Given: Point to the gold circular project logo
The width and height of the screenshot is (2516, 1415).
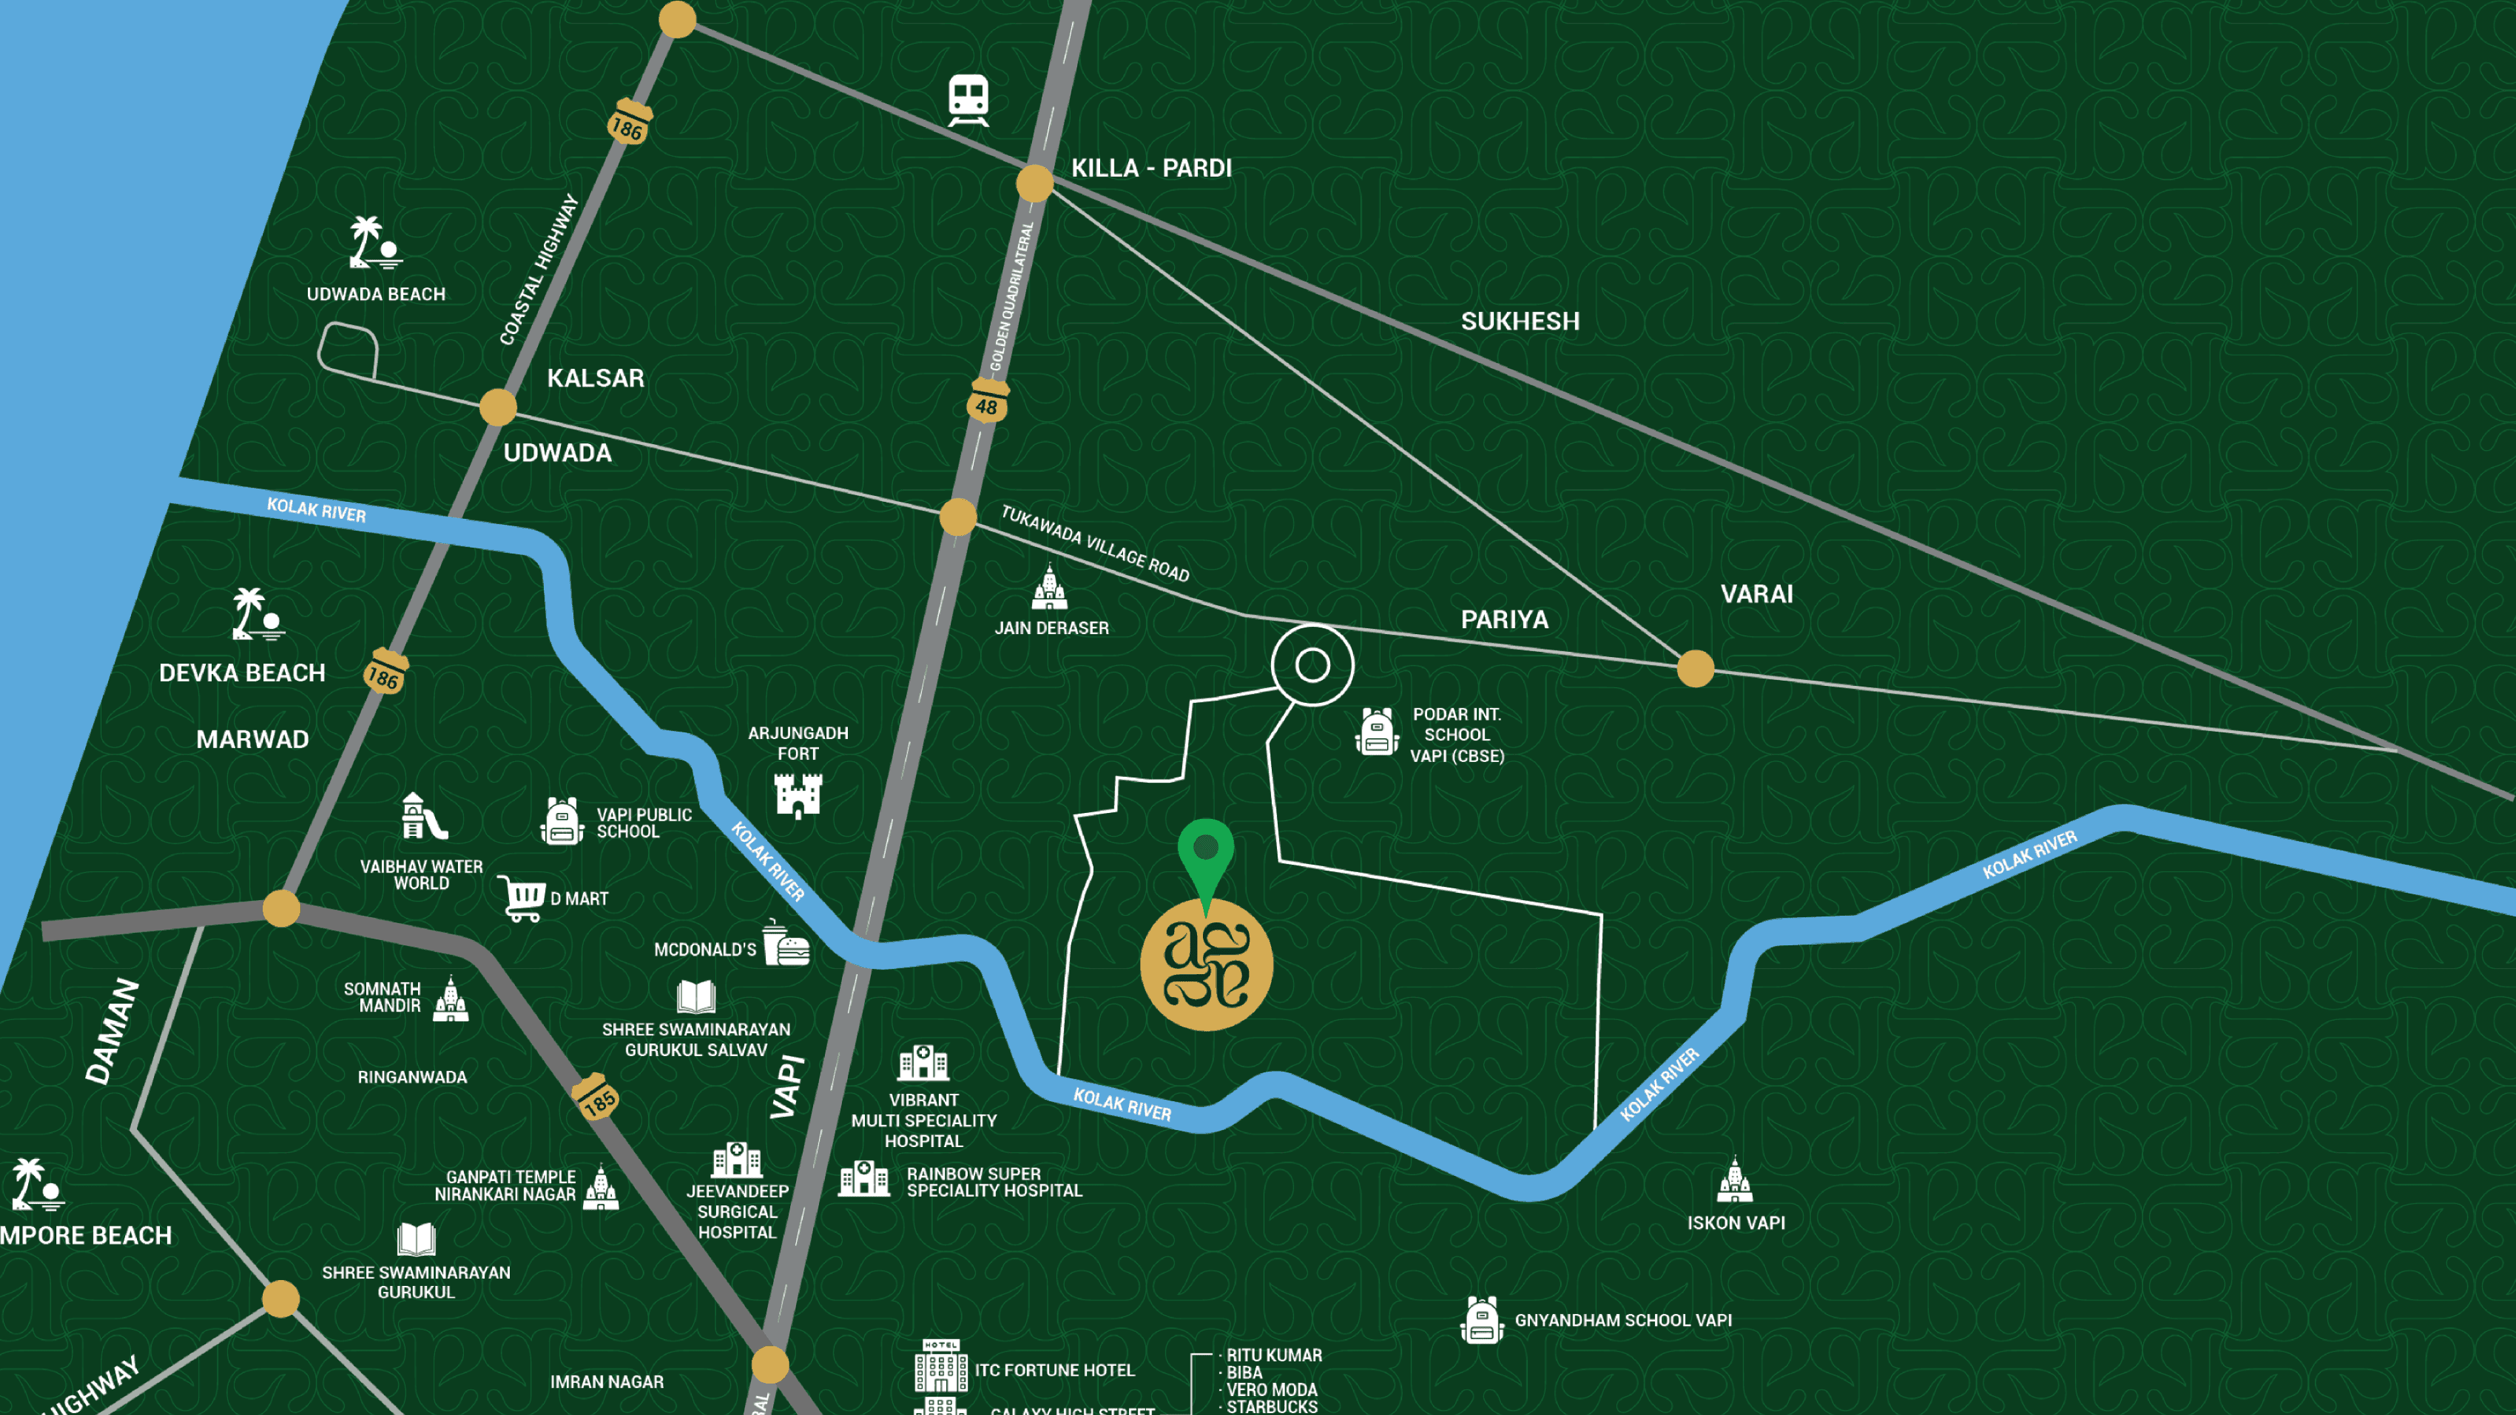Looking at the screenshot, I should [x=1206, y=965].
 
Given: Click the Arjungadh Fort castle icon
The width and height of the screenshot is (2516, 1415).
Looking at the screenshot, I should [x=798, y=795].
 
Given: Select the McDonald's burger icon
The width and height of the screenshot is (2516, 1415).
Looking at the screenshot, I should [x=786, y=943].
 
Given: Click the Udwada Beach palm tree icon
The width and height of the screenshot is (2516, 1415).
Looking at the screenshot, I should [x=374, y=243].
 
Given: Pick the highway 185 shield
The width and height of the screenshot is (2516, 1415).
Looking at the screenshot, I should [x=596, y=1098].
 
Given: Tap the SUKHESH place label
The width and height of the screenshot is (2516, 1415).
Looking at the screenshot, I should [x=1520, y=321].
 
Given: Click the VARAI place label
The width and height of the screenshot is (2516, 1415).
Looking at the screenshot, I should [x=1756, y=594].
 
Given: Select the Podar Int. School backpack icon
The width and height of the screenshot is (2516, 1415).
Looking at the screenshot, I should [x=1377, y=732].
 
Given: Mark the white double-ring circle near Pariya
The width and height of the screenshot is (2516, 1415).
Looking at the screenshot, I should [x=1312, y=665].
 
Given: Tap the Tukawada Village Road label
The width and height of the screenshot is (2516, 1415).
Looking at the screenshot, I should [x=1095, y=543].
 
